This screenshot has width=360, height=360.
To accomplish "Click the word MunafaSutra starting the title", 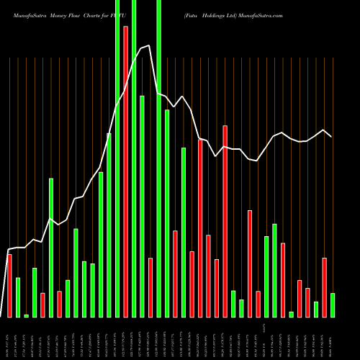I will [x=28, y=14].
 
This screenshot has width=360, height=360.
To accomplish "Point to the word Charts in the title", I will [x=94, y=14].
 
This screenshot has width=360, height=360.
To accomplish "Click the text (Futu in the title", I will [x=191, y=14].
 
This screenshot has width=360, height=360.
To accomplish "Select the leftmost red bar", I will [x=9, y=286].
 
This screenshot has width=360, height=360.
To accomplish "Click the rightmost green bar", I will [x=333, y=305].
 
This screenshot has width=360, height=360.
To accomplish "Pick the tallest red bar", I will [x=126, y=171].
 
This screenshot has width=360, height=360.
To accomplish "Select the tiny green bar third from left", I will [x=26, y=315].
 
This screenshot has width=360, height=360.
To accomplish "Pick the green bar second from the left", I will [x=18, y=297].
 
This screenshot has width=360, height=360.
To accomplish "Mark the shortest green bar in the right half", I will [x=291, y=314].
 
